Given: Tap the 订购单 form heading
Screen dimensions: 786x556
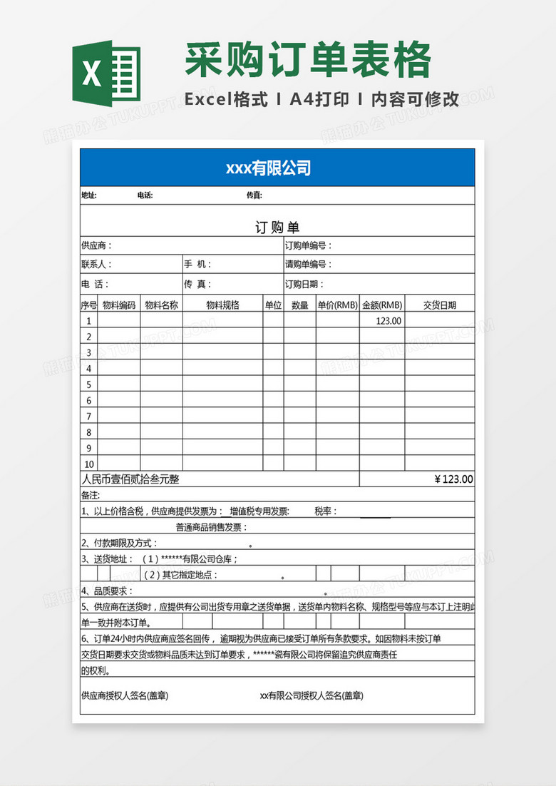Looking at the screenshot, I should click(277, 228).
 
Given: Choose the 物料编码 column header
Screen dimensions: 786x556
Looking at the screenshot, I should click(119, 305).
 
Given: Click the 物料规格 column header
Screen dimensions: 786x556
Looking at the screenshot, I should click(222, 305).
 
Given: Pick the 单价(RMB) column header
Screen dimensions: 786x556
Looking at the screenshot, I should click(337, 305).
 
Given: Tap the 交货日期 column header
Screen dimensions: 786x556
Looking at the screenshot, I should click(439, 305).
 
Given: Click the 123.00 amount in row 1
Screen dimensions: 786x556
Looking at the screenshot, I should click(388, 321).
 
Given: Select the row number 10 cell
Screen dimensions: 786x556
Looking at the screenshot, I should click(89, 464).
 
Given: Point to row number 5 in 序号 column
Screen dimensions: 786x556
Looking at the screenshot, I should click(89, 384).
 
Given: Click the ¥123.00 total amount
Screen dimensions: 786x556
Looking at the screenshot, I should click(453, 479).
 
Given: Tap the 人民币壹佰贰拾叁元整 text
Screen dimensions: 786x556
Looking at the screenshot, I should click(130, 479).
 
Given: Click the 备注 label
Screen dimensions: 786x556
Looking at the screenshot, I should click(91, 495).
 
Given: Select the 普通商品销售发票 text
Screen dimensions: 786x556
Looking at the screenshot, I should click(212, 527).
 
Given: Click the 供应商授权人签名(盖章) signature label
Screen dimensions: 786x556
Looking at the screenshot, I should click(125, 695).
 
